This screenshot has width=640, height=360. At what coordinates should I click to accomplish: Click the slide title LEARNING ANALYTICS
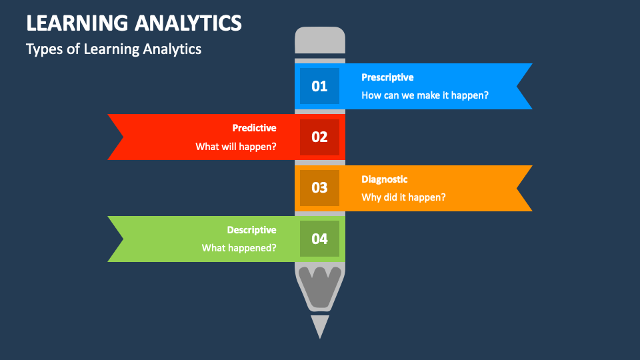click(133, 23)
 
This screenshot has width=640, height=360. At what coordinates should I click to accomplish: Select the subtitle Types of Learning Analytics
click(113, 49)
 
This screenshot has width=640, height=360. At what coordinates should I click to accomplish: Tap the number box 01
click(319, 86)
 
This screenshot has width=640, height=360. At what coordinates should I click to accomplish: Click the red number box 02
click(319, 137)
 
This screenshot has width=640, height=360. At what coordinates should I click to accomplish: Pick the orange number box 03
click(319, 187)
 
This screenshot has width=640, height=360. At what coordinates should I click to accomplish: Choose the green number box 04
click(319, 239)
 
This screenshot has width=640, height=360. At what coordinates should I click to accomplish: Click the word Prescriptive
click(387, 77)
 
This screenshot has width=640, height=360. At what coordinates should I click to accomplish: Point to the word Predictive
click(254, 128)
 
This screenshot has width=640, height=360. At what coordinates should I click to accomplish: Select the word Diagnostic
click(385, 179)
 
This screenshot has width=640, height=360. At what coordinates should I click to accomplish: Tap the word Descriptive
click(251, 230)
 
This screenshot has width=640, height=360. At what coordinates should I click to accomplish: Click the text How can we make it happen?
click(425, 95)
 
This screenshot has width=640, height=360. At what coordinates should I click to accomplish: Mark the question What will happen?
click(236, 146)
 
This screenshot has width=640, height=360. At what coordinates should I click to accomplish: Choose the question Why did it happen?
click(403, 197)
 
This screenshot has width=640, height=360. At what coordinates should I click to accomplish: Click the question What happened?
click(239, 248)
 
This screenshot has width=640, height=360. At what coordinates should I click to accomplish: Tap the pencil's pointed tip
click(320, 327)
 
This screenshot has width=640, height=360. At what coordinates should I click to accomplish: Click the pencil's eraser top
click(320, 40)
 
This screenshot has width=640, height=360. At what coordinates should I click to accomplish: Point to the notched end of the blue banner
click(524, 86)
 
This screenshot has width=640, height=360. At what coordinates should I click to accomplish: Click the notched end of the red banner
click(117, 137)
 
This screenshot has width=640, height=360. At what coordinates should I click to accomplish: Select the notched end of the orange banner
click(524, 188)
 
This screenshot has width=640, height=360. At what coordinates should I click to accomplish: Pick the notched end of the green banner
click(117, 239)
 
